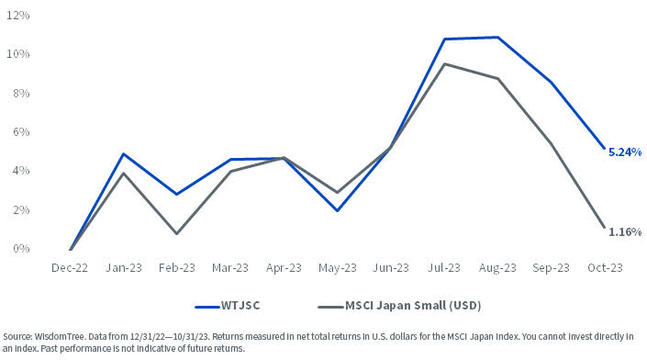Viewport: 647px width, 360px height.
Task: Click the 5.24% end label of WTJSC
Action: click(x=625, y=152)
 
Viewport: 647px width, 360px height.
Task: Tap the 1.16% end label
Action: click(x=625, y=231)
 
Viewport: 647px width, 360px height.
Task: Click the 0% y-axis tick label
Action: click(x=22, y=249)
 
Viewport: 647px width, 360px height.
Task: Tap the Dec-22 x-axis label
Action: click(x=71, y=268)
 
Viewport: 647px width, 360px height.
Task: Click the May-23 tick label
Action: click(x=339, y=268)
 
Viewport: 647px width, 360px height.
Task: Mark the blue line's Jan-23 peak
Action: click(x=124, y=153)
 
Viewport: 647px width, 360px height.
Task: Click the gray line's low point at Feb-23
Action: click(x=177, y=233)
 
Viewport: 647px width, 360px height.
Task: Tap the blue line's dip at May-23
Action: click(x=339, y=210)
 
